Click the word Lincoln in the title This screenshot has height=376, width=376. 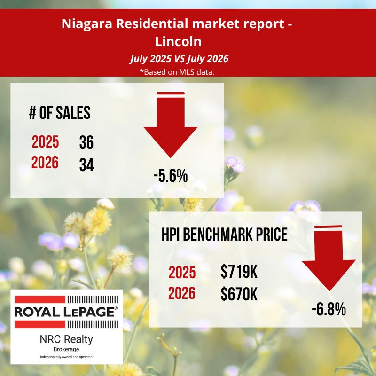click(x=178, y=42)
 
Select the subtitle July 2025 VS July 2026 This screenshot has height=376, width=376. click(x=179, y=59)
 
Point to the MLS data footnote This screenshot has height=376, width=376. click(x=177, y=72)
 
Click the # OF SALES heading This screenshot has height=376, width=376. click(x=60, y=112)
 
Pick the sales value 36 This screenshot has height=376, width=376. click(x=86, y=142)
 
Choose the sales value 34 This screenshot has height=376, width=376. click(x=86, y=165)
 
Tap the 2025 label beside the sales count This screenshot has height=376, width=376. click(x=45, y=142)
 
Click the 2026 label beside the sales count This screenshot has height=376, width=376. click(x=45, y=162)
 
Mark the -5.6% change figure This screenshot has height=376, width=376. click(x=171, y=176)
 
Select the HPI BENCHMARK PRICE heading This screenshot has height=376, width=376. click(x=225, y=234)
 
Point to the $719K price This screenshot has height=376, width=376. click(x=239, y=272)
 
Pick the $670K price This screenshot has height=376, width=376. click(x=239, y=294)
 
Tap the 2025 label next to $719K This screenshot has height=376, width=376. click(x=182, y=273)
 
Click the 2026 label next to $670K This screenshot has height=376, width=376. click(x=182, y=293)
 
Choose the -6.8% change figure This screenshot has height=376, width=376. click(x=329, y=309)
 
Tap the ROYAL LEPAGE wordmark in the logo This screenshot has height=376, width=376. click(x=66, y=312)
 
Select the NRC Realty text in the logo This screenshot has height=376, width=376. click(x=66, y=339)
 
